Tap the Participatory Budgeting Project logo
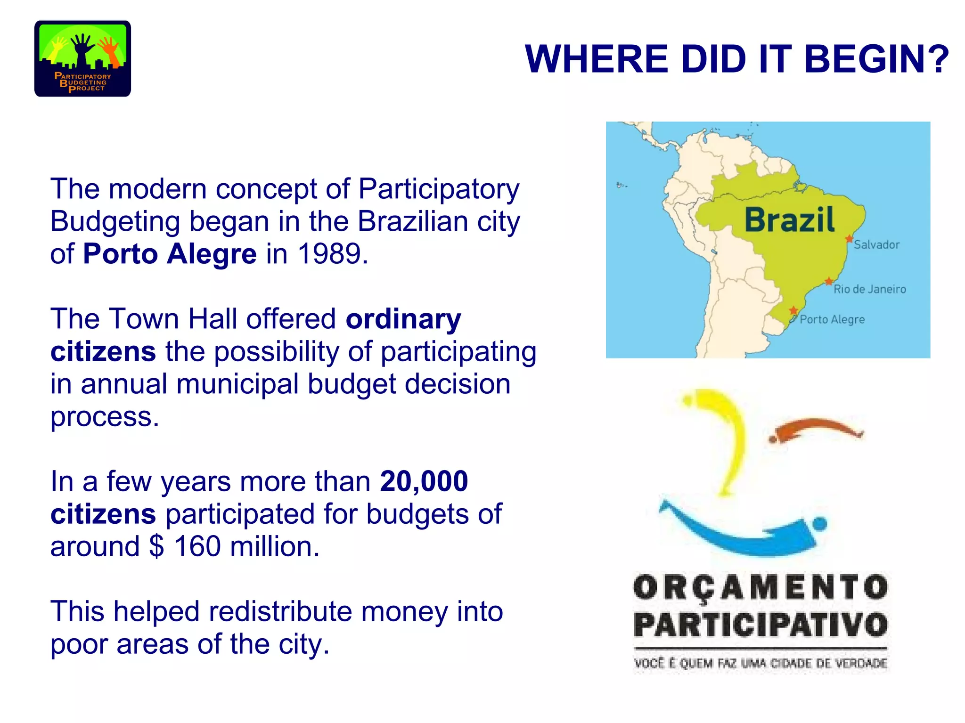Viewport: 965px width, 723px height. coord(82,59)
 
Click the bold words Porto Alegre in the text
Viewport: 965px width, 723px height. coord(170,254)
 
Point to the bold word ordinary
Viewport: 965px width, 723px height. coord(403,319)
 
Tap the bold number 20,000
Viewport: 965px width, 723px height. coord(424,481)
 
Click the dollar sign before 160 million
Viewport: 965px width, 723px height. coord(156,547)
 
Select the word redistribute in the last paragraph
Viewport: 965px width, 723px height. coord(280,612)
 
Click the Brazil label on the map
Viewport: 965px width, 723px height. coord(789,220)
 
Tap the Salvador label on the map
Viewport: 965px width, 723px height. coord(876,245)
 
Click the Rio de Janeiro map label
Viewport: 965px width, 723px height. coord(869,289)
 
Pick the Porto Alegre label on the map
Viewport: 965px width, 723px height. coord(832,320)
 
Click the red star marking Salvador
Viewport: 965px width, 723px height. coord(849,239)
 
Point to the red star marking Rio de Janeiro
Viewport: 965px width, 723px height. coord(828,282)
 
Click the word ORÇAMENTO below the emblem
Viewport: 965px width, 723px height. coord(761,588)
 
